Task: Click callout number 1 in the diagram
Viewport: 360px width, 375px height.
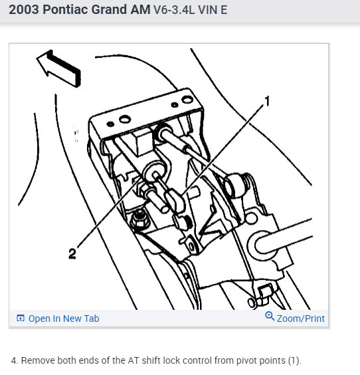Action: tap(268, 101)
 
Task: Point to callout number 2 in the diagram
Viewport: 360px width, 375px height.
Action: tap(72, 254)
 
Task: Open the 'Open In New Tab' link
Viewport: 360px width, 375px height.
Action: tap(63, 318)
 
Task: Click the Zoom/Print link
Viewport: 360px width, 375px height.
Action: tap(301, 318)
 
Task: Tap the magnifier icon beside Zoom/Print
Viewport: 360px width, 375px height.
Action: tap(270, 317)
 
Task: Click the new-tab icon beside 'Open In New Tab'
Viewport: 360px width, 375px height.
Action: tap(20, 318)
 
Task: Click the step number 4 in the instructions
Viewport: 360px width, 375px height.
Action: tap(14, 360)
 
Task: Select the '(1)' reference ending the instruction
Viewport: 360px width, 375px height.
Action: tap(293, 360)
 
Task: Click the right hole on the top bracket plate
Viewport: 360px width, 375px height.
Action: tap(175, 104)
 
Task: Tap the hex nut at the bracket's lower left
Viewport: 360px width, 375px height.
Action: tap(139, 217)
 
